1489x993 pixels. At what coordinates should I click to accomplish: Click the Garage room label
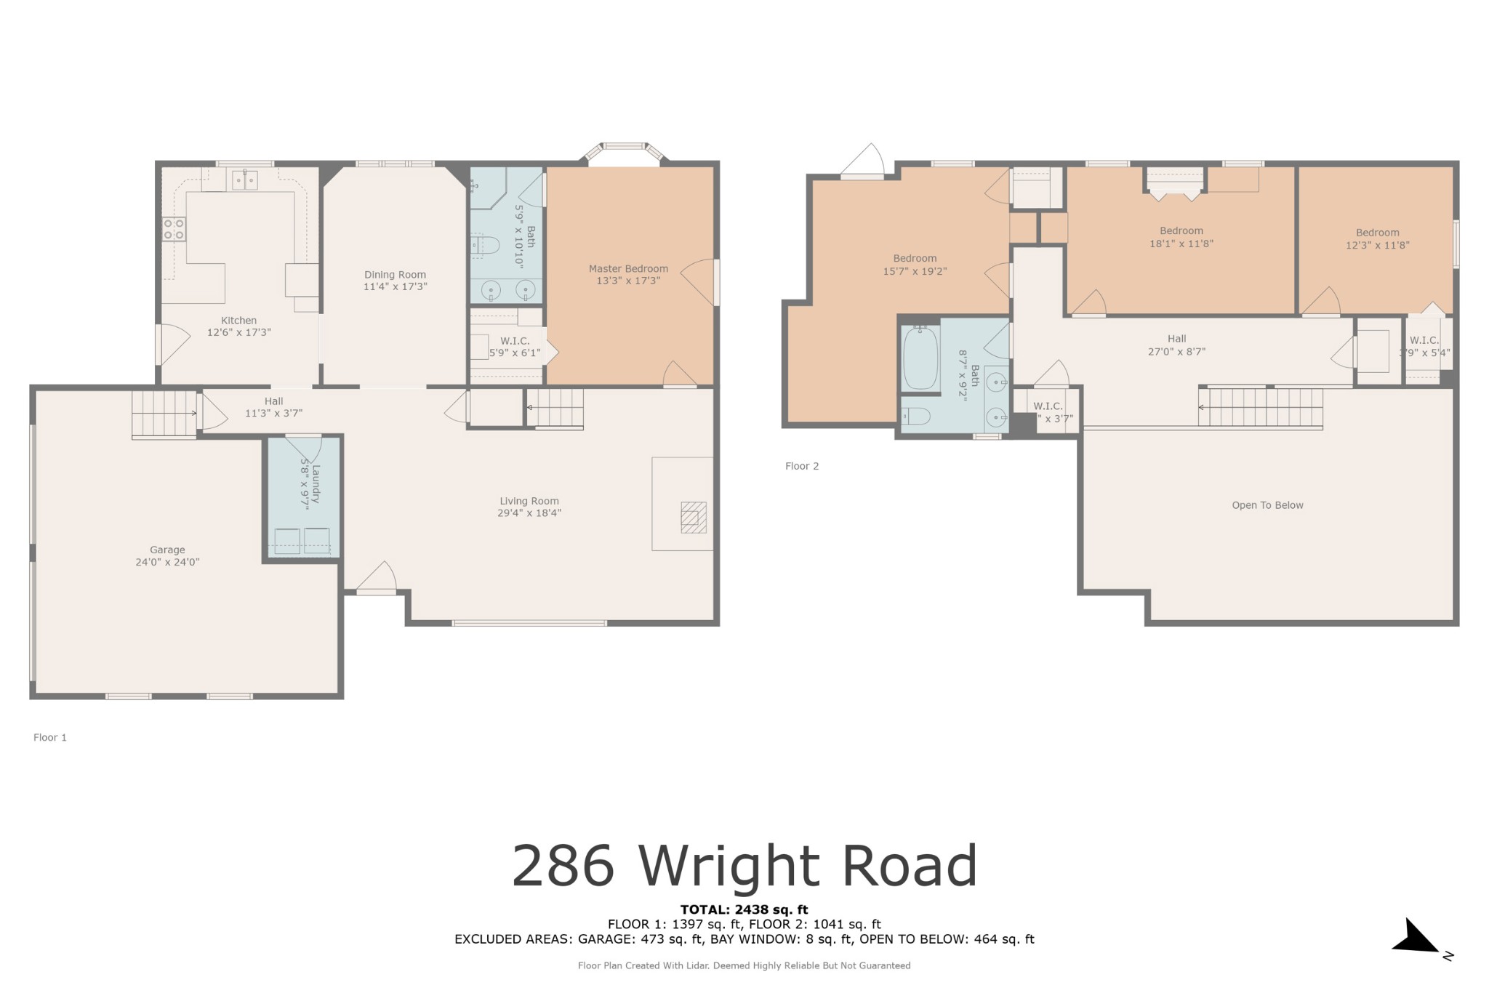pos(167,550)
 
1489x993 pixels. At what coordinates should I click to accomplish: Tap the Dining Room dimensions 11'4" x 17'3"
pos(395,287)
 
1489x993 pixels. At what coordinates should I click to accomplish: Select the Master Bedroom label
pos(628,269)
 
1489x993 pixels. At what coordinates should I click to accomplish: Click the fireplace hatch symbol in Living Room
pos(693,518)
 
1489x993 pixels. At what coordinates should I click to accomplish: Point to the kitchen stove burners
pos(174,229)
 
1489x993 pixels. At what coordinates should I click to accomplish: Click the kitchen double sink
pos(244,179)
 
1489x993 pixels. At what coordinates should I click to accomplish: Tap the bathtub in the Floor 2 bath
pos(920,358)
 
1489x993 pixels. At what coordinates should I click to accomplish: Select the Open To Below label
pos(1267,505)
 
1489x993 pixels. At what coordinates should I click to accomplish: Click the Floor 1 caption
pos(50,737)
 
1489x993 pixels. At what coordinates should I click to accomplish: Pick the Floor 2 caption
pos(802,466)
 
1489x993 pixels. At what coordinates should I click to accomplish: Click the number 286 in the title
pos(563,866)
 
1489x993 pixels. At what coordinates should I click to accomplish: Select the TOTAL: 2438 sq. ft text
pos(744,909)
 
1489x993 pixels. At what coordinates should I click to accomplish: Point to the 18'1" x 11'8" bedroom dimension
pos(1181,244)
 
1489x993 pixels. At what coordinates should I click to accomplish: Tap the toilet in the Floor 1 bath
pos(485,246)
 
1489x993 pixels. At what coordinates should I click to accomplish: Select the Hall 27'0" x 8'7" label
pos(1176,345)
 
